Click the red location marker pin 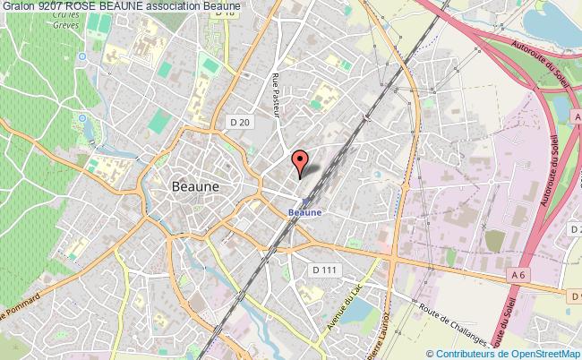pyautogui.click(x=301, y=162)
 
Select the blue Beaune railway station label pyautogui.click(x=304, y=212)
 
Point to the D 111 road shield pyautogui.click(x=323, y=269)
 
